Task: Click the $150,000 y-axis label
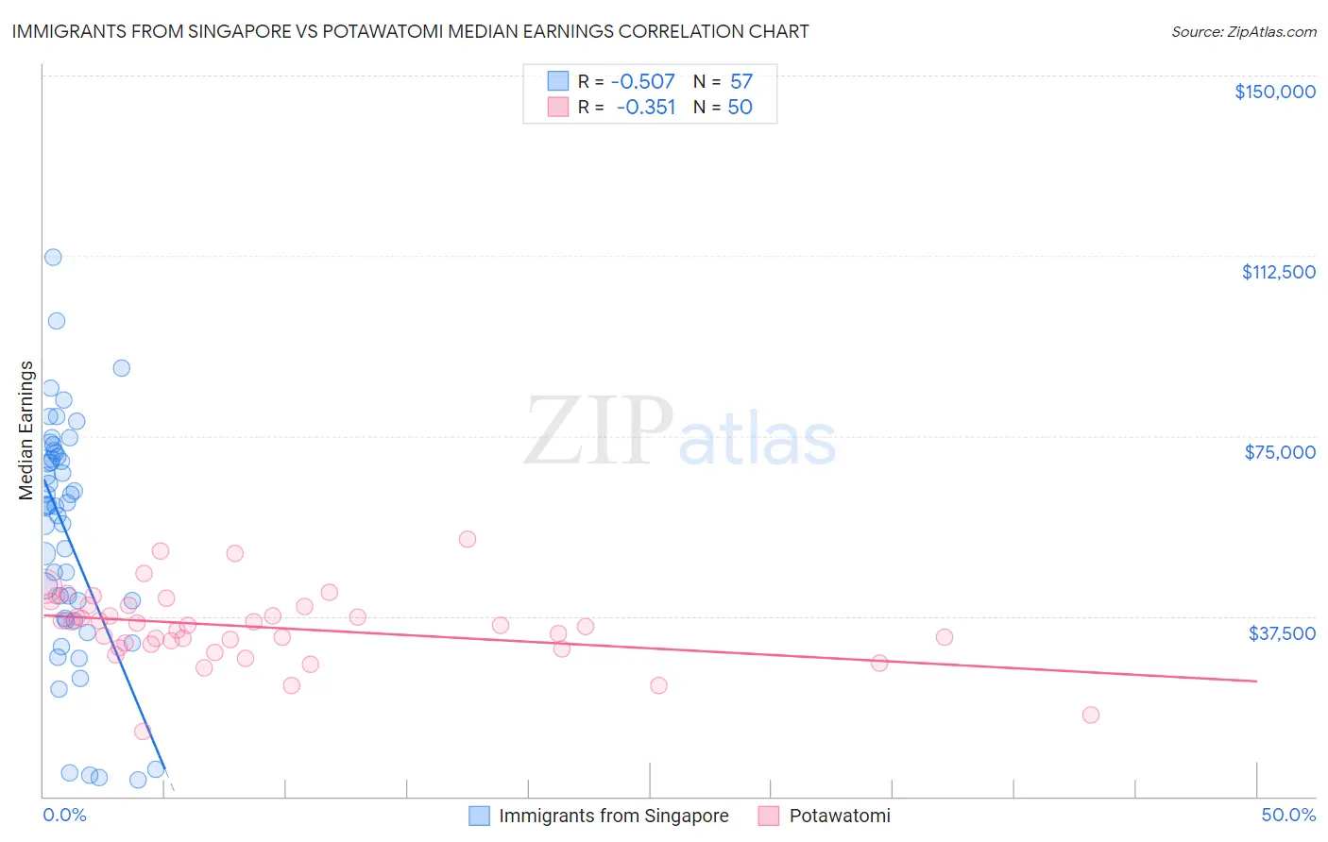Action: point(1274,92)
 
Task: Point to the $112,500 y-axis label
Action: point(1278,272)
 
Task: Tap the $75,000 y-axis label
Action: point(1279,452)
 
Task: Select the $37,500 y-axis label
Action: point(1282,633)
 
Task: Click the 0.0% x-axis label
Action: point(64,815)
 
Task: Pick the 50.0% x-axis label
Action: point(1288,815)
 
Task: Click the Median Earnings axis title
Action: point(26,430)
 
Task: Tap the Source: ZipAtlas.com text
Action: point(1243,32)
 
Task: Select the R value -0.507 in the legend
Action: point(642,82)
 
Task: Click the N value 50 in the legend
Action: point(740,108)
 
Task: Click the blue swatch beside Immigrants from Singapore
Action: point(480,816)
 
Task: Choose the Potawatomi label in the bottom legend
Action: point(839,816)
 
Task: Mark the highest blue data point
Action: point(53,257)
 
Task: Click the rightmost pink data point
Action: point(1091,715)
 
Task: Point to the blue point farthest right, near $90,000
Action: point(122,368)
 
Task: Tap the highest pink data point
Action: point(468,539)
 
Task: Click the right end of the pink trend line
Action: point(1256,681)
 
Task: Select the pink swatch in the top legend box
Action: point(558,108)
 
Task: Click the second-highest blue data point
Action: point(57,321)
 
